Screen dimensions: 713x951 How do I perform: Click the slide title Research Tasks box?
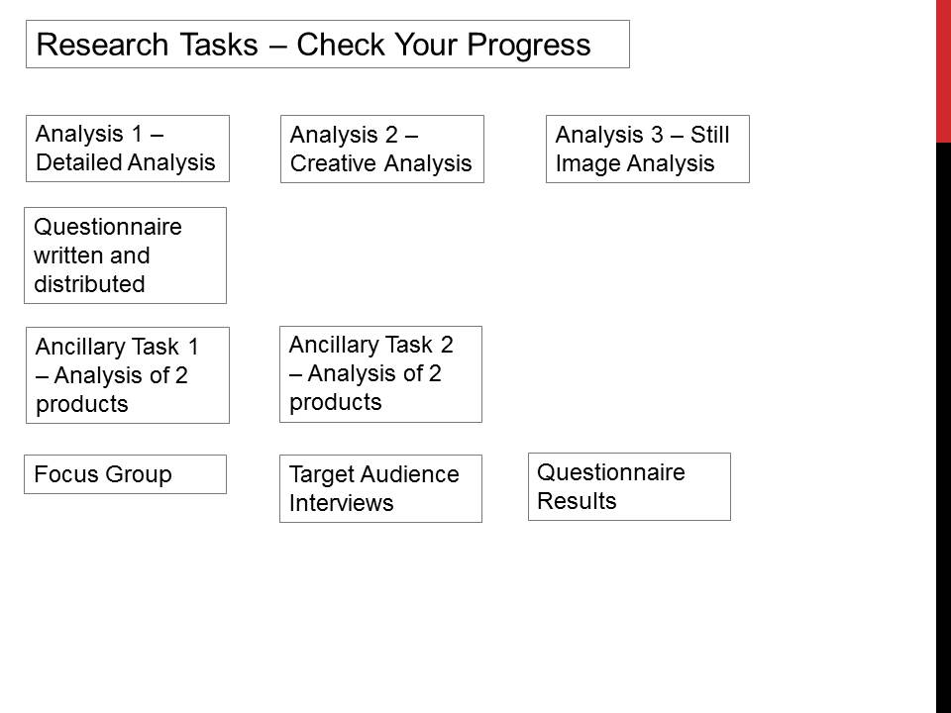327,45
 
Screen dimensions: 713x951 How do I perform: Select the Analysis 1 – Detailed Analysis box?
127,149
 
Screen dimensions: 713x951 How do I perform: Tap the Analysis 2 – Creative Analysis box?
381,150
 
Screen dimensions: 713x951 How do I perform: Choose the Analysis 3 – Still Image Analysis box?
647,150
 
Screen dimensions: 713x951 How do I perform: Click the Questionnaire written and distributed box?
125,255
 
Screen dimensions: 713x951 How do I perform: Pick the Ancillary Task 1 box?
127,375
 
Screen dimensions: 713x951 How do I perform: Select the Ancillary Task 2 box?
380,374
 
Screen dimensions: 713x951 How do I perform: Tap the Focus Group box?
125,474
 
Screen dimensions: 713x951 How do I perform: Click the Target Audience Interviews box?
380,488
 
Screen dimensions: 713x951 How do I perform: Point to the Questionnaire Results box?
629,486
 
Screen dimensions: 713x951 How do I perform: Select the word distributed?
89,284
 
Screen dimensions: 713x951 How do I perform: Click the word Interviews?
341,503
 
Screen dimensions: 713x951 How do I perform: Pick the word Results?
577,501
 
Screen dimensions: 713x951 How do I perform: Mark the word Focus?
63,474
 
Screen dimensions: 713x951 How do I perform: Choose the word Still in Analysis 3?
709,135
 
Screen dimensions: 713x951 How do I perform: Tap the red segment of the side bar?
943,71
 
